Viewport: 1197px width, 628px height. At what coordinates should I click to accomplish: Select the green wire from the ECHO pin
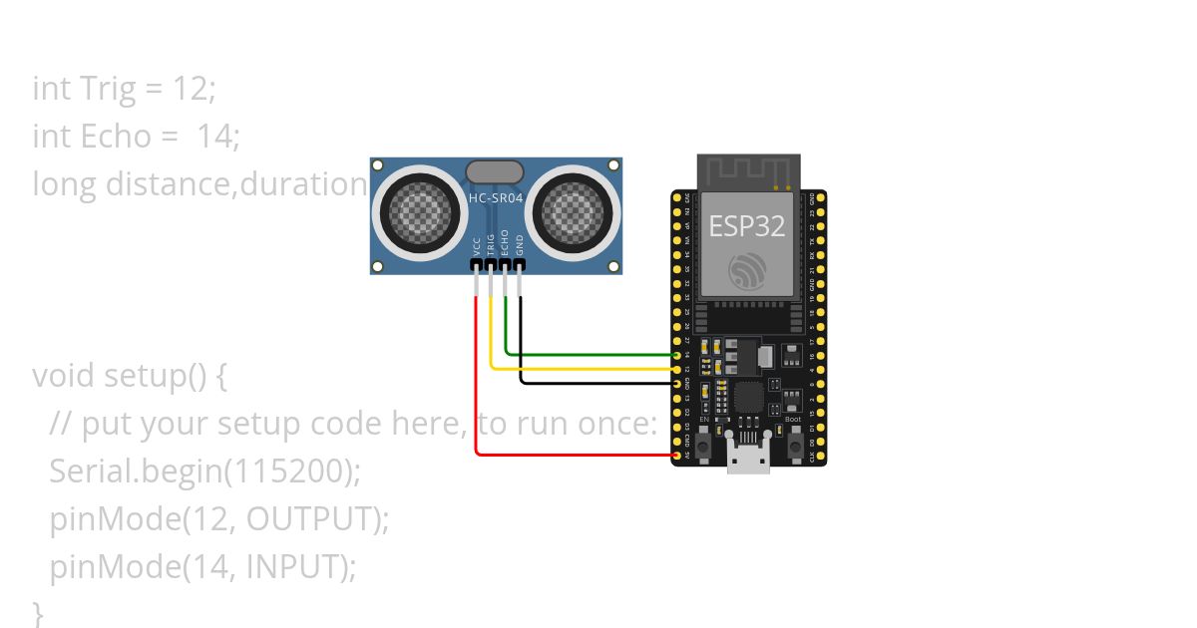[x=589, y=353]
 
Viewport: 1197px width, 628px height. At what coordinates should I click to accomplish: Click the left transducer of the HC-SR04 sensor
[x=412, y=212]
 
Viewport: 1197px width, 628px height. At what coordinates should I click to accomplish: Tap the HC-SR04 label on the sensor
[x=496, y=198]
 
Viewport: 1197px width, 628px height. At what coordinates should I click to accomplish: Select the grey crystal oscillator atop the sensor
[x=494, y=171]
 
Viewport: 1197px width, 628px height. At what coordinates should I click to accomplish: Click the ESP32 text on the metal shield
[x=747, y=225]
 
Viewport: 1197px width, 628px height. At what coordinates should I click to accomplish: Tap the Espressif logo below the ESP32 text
[x=748, y=271]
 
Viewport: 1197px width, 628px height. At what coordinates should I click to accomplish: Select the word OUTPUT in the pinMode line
[x=313, y=519]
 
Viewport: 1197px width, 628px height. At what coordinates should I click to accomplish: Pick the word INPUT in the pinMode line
[x=294, y=567]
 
